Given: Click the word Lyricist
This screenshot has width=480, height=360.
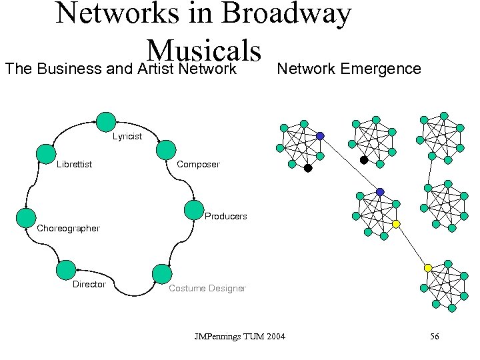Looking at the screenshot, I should tap(127, 137).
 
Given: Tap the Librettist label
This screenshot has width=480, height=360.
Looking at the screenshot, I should tap(75, 165).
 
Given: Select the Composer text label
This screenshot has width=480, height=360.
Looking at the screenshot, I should tap(198, 165).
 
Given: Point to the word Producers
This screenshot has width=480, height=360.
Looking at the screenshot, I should tap(225, 216).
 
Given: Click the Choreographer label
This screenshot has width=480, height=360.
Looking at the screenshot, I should tap(68, 228).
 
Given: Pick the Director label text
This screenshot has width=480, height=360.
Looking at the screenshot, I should tap(89, 284).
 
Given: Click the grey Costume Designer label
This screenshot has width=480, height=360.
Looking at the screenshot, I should tap(207, 288).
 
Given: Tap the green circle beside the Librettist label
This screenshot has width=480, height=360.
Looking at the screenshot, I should tap(45, 154).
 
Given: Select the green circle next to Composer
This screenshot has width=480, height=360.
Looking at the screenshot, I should tap(166, 149).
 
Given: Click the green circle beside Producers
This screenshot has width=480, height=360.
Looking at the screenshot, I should tap(194, 209).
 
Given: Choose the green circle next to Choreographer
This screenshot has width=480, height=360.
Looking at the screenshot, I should tap(26, 218).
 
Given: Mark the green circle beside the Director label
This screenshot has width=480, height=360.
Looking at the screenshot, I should tap(66, 270).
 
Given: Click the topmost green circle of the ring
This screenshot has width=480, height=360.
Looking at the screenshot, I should tap(106, 122).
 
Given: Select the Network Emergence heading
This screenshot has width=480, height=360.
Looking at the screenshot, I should tap(349, 69).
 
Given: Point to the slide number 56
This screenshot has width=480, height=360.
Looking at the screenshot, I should tap(434, 337).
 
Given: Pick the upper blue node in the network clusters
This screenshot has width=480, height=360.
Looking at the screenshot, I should tap(320, 136).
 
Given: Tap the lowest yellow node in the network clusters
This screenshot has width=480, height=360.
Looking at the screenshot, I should tap(428, 268).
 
